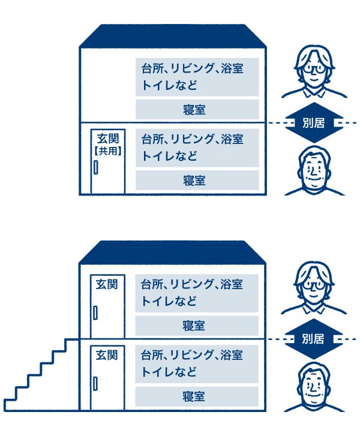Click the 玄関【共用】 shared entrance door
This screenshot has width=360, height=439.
point(108,161)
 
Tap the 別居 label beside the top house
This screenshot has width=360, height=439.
point(313,123)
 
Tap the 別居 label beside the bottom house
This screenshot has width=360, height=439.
point(313,339)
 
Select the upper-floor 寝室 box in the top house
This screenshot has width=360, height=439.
point(197,109)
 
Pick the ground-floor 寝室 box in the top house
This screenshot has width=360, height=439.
point(197,180)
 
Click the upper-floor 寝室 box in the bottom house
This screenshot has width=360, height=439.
point(197,326)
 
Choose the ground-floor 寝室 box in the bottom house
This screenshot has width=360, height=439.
point(197,396)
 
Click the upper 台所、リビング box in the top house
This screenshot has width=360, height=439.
point(197,77)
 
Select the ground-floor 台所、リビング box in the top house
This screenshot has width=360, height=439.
point(197,148)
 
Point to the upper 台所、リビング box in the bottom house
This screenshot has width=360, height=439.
point(197,293)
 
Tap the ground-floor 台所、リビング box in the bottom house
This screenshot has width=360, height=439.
point(197,363)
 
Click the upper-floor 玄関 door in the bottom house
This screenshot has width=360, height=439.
point(107,306)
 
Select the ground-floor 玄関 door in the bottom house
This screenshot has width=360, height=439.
point(107,377)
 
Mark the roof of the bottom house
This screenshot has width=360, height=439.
point(174,252)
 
